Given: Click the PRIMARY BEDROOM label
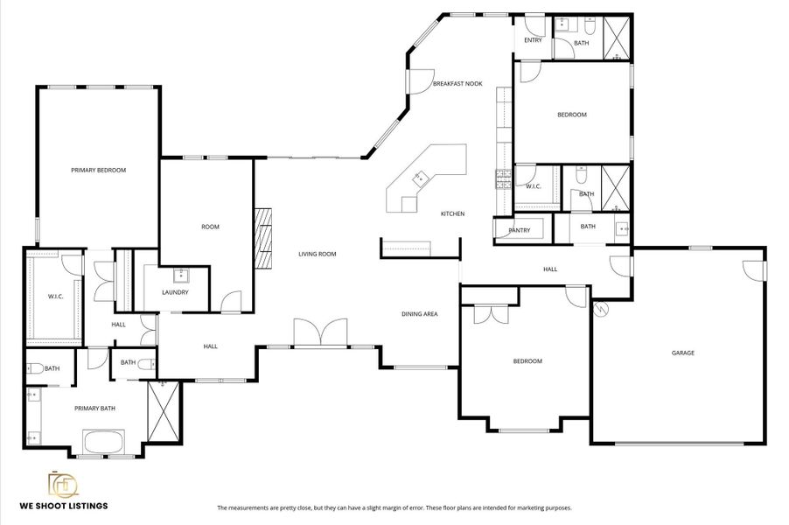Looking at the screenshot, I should point(99,170).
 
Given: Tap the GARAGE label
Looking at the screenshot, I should point(682,353).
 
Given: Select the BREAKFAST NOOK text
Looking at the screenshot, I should point(457,84).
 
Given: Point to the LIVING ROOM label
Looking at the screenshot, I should point(317,254).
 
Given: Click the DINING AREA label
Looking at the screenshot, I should point(420,314).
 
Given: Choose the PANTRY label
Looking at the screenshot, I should point(519,230).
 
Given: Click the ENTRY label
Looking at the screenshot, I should point(533,40).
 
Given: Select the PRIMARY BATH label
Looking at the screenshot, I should point(94,408).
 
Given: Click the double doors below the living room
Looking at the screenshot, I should point(322,334).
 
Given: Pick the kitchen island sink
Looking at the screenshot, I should point(419,178).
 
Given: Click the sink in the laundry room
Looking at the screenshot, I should point(182,276).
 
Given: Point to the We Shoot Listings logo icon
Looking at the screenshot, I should point(62,485).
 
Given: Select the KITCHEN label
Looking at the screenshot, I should point(452,213).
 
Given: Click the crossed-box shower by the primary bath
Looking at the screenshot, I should point(164,411).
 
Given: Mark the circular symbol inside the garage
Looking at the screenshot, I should point(601,308).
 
